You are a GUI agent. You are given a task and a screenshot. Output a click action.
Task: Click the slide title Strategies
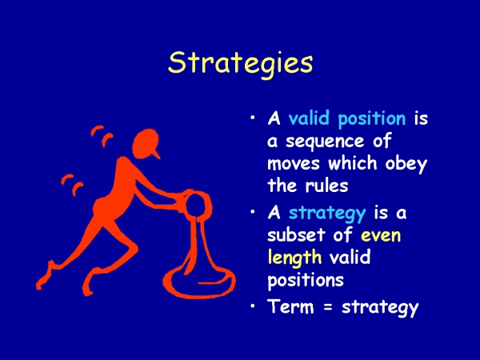click(x=240, y=63)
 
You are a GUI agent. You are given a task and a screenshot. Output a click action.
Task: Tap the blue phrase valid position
click(x=347, y=118)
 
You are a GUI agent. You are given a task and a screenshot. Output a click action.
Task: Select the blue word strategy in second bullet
click(x=327, y=214)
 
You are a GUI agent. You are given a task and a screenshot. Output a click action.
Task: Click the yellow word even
click(x=381, y=236)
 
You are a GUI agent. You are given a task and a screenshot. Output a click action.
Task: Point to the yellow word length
click(x=294, y=257)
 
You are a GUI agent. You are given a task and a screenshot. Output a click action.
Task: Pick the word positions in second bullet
click(x=306, y=279)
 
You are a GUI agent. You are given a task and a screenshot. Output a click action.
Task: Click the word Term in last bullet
click(x=291, y=306)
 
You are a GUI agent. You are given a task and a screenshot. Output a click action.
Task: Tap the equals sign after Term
click(x=328, y=306)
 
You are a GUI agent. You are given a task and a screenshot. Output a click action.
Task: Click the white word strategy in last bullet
click(x=380, y=307)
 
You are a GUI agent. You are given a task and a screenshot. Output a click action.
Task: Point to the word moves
click(x=294, y=165)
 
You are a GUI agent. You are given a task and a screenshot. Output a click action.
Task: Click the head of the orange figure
click(x=146, y=144)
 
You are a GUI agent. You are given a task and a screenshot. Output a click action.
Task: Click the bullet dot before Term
click(x=253, y=306)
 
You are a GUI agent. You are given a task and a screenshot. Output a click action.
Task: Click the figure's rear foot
click(x=44, y=277)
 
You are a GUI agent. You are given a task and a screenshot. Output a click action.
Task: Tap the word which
click(x=352, y=163)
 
